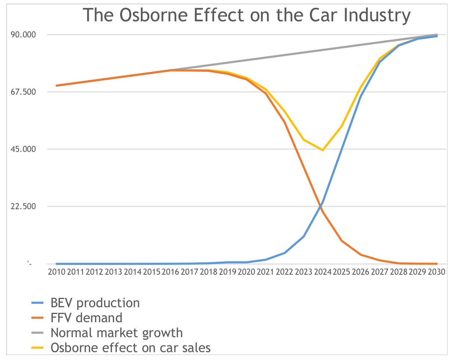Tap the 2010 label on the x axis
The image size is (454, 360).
tap(57, 272)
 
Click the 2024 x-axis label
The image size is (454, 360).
tap(323, 272)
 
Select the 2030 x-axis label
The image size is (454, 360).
tap(436, 272)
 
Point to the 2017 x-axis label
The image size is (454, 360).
tap(190, 272)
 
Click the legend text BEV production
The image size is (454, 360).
tap(95, 303)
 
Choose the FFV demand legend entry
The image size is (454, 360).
tap(86, 318)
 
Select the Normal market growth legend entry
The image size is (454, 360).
tap(116, 333)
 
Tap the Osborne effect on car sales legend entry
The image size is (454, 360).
tap(131, 348)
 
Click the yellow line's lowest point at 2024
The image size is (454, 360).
tap(323, 150)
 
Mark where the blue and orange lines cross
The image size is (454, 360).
tap(322, 206)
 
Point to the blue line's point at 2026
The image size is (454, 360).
tap(360, 97)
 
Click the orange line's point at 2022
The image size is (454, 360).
tap(285, 122)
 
